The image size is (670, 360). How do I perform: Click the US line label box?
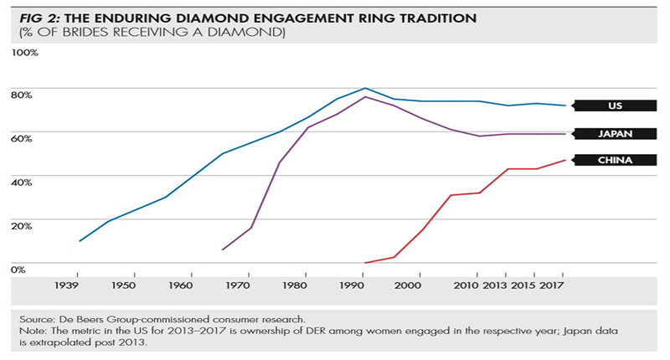click(x=613, y=106)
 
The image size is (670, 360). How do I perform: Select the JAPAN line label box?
click(x=613, y=134)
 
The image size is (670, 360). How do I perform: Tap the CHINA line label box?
click(x=613, y=160)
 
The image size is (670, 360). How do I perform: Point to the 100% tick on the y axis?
click(x=25, y=53)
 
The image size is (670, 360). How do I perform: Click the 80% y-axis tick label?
click(x=23, y=96)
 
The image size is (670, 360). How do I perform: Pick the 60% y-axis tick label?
click(x=23, y=140)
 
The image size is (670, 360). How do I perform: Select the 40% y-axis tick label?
click(x=23, y=183)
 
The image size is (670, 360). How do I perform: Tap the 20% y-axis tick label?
click(x=23, y=226)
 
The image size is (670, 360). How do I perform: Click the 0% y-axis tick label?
click(x=19, y=269)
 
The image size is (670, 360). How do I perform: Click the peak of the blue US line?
click(x=364, y=88)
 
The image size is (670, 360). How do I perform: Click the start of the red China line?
click(x=365, y=262)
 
